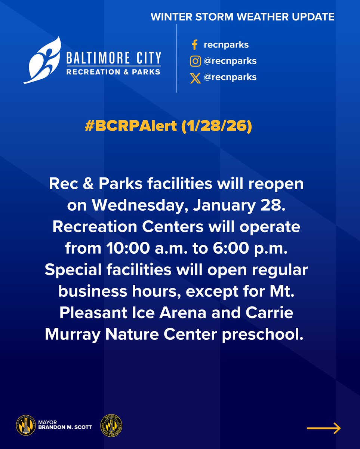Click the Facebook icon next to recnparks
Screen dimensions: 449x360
(x=194, y=45)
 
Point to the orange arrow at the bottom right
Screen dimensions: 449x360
(x=323, y=428)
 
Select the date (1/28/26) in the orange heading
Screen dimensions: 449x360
(x=217, y=126)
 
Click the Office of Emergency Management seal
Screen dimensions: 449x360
(x=111, y=425)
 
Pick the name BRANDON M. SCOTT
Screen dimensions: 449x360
(x=65, y=427)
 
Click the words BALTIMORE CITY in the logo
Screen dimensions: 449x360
(x=114, y=58)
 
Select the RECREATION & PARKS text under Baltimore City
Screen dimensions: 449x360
(x=113, y=71)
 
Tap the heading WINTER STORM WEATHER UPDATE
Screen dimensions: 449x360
(x=242, y=17)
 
